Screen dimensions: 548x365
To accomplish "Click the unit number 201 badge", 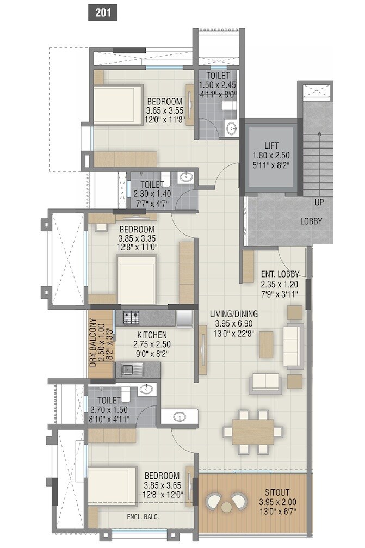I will (103, 13).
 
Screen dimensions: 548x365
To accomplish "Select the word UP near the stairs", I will (320, 202).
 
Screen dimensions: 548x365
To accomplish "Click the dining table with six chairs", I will (255, 432).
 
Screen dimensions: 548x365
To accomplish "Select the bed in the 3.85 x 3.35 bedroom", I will (137, 279).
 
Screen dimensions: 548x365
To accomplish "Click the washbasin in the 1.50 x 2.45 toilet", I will (232, 128).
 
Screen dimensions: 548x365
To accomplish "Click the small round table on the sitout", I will (226, 506).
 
